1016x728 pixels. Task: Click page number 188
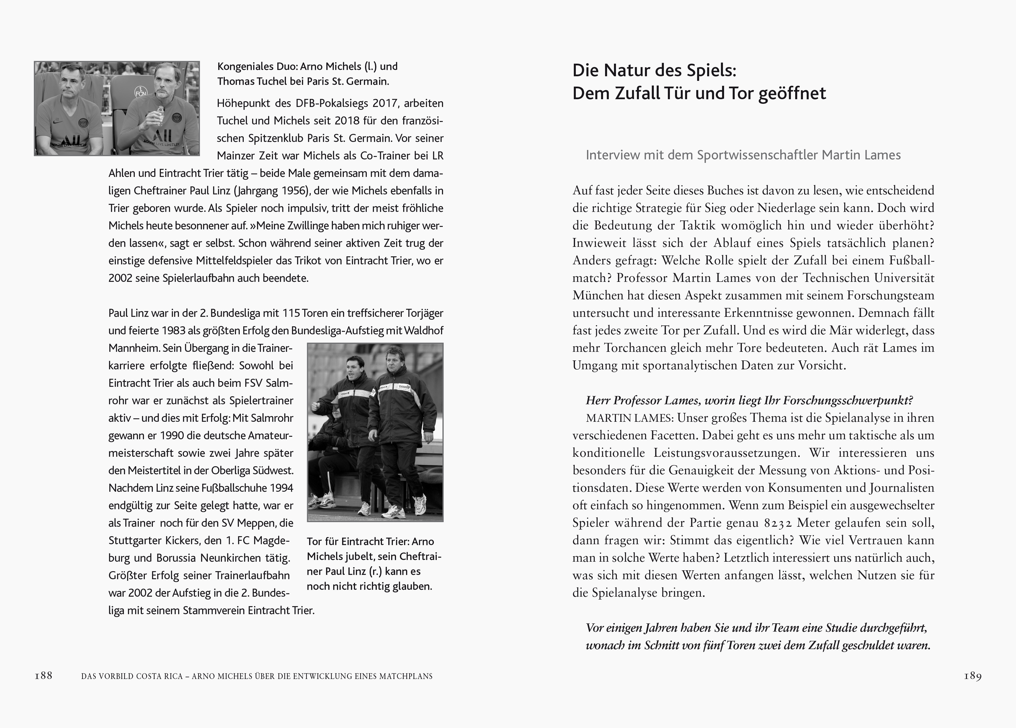(x=44, y=676)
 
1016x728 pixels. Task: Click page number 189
(x=972, y=676)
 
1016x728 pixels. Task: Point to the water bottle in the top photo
(x=158, y=116)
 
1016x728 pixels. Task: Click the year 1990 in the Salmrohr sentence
(x=172, y=436)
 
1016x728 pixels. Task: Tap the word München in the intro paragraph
(x=596, y=296)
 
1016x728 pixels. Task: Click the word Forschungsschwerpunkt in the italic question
(x=843, y=401)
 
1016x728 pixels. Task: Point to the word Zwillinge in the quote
(x=295, y=226)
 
